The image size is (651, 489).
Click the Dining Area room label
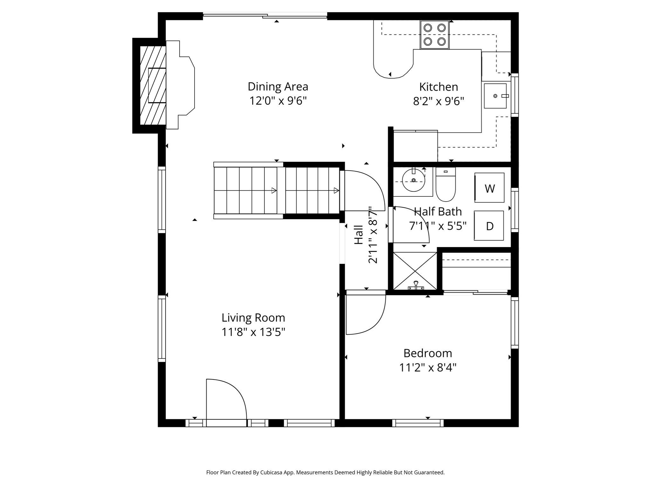pos(278,87)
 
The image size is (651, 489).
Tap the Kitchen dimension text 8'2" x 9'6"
pos(438,101)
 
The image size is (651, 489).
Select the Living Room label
pos(253,318)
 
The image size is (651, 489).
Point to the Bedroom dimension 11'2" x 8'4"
pos(428,368)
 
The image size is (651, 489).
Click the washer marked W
pos(489,188)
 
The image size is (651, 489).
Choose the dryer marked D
pos(489,225)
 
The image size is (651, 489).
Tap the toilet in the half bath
pos(445,185)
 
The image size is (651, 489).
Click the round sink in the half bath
pos(413,180)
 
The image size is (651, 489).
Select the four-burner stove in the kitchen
pos(435,35)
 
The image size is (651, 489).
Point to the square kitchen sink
pos(495,96)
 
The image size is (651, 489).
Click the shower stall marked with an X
pos(415,271)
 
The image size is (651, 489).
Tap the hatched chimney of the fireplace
pos(153,85)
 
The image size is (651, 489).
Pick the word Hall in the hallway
pos(359,235)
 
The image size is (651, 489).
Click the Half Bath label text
pos(438,211)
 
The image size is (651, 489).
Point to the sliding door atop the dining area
pos(265,16)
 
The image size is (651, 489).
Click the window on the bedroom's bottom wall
pos(418,423)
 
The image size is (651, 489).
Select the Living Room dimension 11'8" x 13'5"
pos(253,332)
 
